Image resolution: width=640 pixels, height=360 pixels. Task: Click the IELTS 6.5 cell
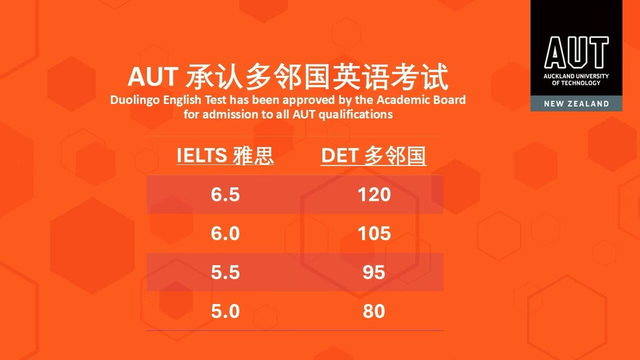point(225,194)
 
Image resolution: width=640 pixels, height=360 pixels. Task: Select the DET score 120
point(374,194)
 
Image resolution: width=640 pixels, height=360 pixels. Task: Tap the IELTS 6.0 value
point(225,233)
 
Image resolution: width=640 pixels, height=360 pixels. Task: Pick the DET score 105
point(374,233)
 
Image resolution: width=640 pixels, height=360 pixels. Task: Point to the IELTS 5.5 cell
point(225,272)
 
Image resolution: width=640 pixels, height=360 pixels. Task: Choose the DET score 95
point(374,272)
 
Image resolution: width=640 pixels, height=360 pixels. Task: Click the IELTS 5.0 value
point(225,311)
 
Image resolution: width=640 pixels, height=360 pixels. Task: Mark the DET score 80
point(374,311)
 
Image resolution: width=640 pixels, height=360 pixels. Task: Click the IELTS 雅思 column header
point(225,155)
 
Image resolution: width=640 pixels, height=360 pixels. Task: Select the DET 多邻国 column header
point(373,155)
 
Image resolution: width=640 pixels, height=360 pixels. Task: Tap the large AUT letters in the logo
point(576,52)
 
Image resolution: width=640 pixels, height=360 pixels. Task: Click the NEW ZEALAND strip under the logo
point(576,103)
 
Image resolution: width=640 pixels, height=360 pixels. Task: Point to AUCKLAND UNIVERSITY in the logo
point(576,76)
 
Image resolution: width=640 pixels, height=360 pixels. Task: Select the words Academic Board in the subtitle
point(421,99)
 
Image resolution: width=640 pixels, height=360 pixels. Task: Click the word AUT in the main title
point(153,76)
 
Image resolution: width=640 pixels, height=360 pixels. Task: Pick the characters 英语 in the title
point(360,76)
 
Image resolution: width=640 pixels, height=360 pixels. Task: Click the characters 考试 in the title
point(419,76)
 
